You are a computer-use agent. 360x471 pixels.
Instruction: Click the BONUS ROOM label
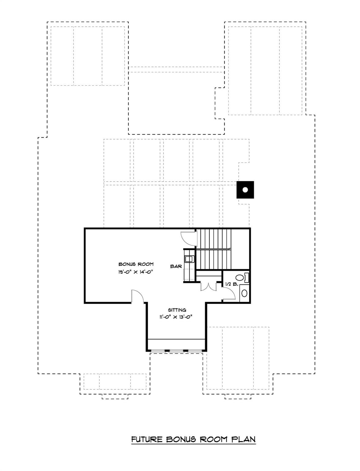pyautogui.click(x=136, y=264)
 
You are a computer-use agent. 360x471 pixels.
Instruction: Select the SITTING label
pyautogui.click(x=177, y=310)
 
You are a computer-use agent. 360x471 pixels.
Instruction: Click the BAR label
pyautogui.click(x=176, y=266)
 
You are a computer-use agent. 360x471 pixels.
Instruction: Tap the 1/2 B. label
pyautogui.click(x=231, y=284)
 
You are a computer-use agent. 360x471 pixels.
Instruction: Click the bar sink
pyautogui.click(x=189, y=259)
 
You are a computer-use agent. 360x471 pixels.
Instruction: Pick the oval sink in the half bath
pyautogui.click(x=244, y=293)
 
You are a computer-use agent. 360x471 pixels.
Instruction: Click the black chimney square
pyautogui.click(x=245, y=190)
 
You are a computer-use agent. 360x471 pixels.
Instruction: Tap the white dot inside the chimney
pyautogui.click(x=245, y=190)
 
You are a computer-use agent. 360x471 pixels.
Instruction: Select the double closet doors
pyautogui.click(x=208, y=286)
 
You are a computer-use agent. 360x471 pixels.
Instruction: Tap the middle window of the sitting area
pyautogui.click(x=176, y=350)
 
